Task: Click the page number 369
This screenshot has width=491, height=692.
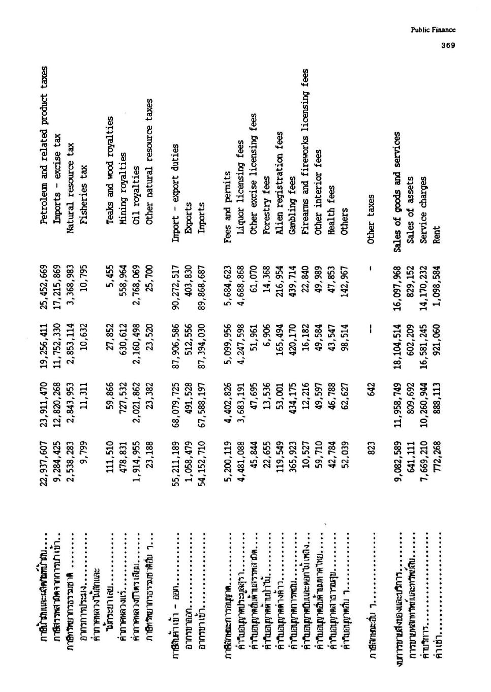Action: click(448, 45)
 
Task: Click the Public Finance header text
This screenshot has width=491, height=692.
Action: click(433, 29)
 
